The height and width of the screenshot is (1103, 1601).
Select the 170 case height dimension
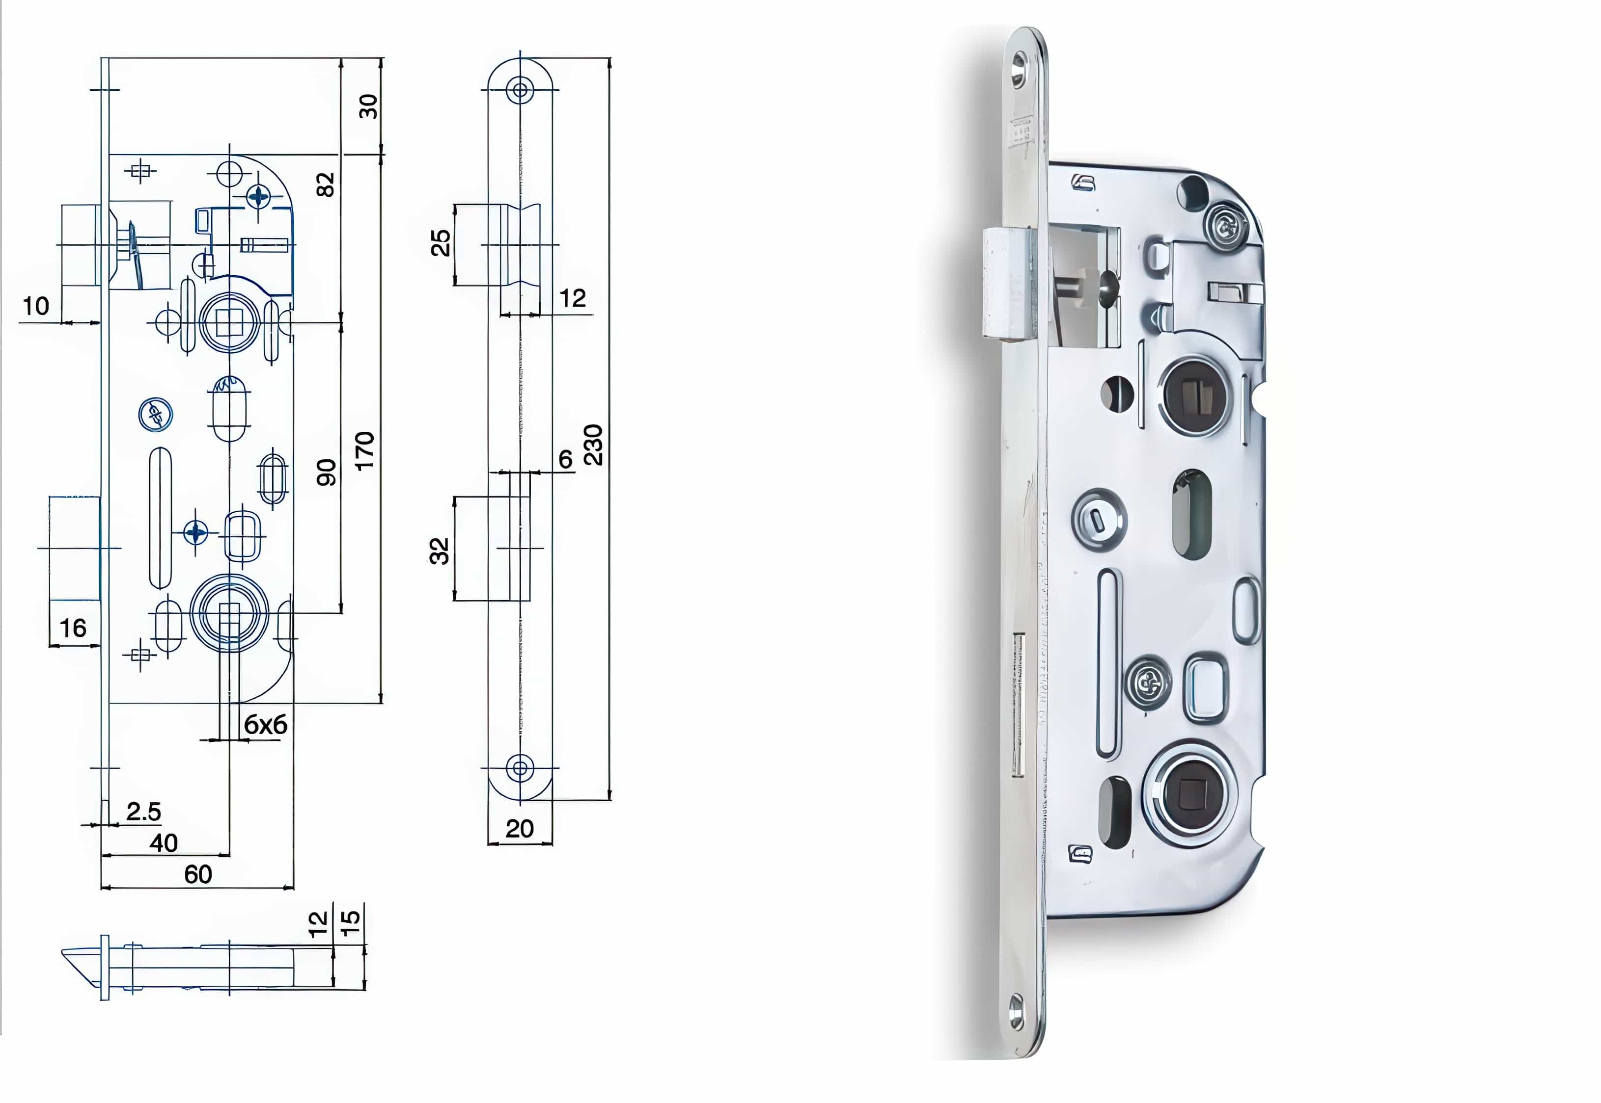point(364,450)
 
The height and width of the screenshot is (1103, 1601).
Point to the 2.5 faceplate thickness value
point(143,812)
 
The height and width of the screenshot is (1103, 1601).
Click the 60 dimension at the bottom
point(198,874)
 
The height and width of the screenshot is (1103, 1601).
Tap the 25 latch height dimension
point(441,243)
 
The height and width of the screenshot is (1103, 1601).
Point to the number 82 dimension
point(325,184)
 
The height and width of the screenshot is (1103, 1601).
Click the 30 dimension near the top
point(368,106)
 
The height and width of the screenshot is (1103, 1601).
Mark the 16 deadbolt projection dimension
point(73,628)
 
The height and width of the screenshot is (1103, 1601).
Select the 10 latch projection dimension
point(36,306)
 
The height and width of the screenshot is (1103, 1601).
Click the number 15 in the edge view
point(351,922)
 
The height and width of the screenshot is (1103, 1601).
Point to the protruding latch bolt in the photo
point(1007,283)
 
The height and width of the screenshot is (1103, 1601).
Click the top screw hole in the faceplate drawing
point(520,90)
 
